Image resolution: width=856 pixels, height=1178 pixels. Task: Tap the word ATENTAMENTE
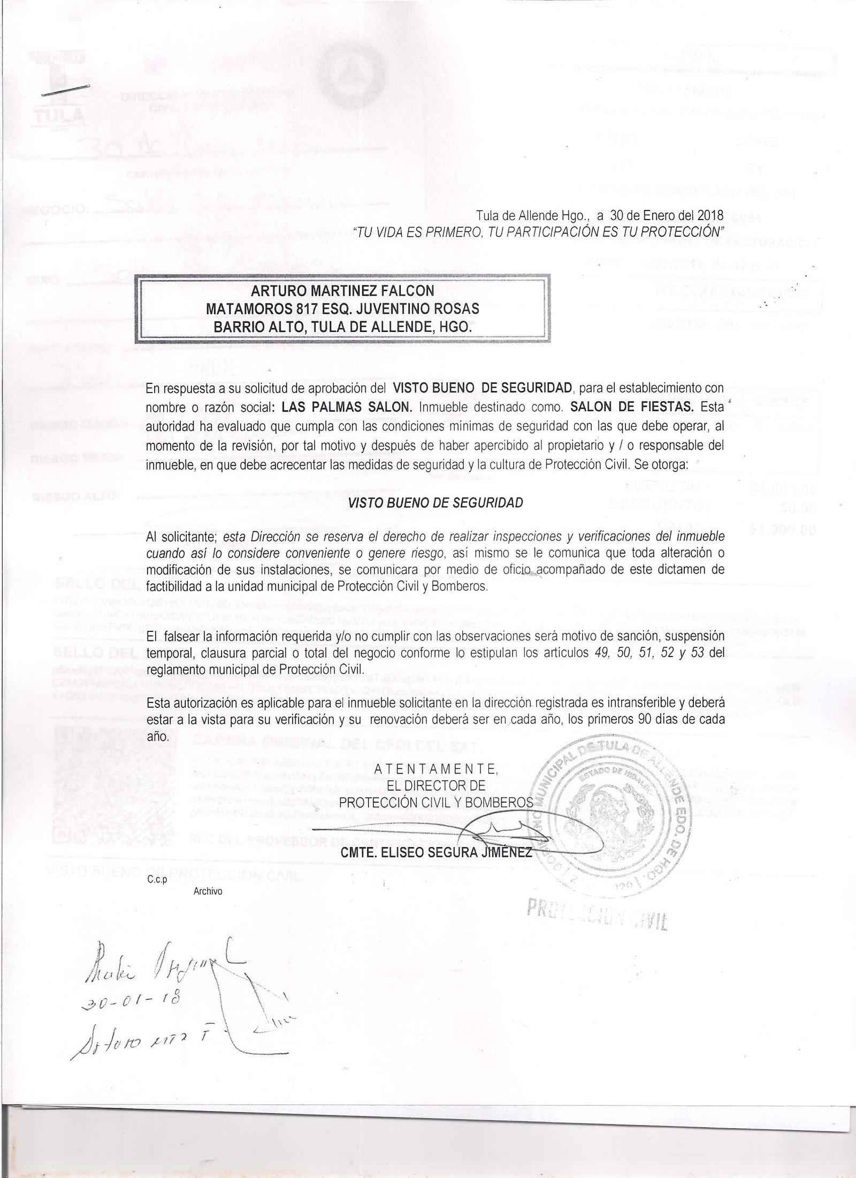pyautogui.click(x=435, y=770)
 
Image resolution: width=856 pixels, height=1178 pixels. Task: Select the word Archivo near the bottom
pyautogui.click(x=208, y=892)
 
